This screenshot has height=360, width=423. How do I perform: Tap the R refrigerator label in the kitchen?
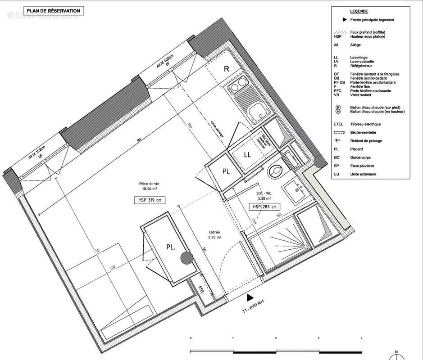[x=227, y=69]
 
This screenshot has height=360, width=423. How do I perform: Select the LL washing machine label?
[x=247, y=154]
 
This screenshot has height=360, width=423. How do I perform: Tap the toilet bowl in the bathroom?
[x=274, y=171]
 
